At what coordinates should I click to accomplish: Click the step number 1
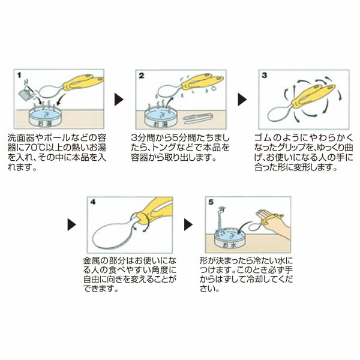[19, 75]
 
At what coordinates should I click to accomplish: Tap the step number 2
[142, 76]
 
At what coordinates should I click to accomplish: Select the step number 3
[265, 76]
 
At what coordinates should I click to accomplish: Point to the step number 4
[93, 202]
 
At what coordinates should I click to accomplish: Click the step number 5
[211, 202]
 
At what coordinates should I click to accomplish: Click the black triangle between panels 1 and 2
[119, 100]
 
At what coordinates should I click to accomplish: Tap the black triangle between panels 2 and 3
[242, 100]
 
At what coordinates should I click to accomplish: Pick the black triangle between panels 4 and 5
[188, 224]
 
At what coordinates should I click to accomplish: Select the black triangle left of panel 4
[71, 224]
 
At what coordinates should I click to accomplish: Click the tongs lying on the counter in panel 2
[199, 119]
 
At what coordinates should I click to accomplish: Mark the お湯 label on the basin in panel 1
[45, 124]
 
